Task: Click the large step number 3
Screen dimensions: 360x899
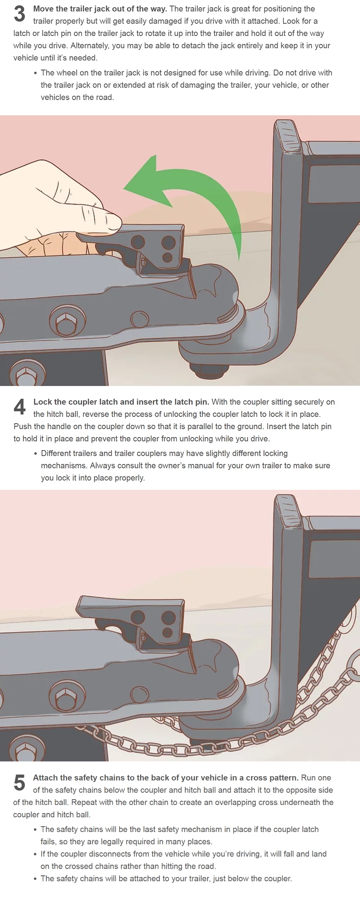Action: (19, 14)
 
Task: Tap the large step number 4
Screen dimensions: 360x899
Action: (19, 407)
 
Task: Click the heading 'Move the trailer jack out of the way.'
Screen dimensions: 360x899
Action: (100, 9)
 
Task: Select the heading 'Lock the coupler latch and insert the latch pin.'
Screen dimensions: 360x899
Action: (121, 402)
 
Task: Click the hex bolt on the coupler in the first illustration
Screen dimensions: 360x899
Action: (67, 321)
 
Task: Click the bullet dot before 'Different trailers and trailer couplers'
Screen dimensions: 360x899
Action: (35, 453)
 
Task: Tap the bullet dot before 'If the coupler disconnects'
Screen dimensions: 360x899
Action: (35, 854)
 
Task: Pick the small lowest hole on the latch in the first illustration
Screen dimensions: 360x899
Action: (167, 257)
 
